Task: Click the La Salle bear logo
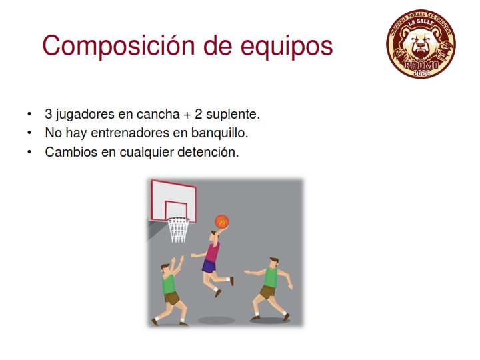pyautogui.click(x=421, y=45)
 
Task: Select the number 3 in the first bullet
pyautogui.click(x=49, y=113)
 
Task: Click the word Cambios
pyautogui.click(x=71, y=151)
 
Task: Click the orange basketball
pyautogui.click(x=221, y=221)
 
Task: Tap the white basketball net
pyautogui.click(x=178, y=230)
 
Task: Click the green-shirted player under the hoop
pyautogui.click(x=169, y=290)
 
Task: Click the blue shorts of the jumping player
pyautogui.click(x=209, y=267)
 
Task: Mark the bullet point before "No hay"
pyautogui.click(x=29, y=133)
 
